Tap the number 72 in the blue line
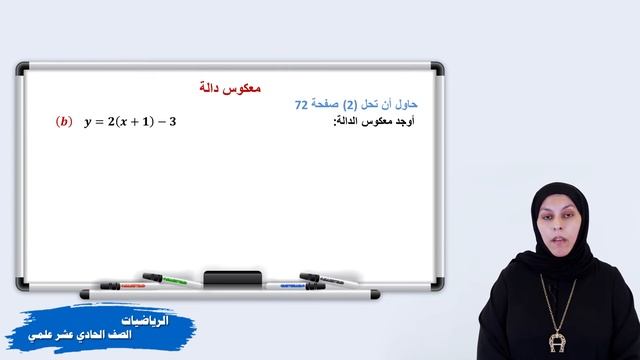point(303,105)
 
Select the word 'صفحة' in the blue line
point(327,105)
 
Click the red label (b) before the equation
point(65,123)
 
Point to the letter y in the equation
point(89,124)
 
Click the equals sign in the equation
point(103,123)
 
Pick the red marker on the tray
point(123,285)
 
